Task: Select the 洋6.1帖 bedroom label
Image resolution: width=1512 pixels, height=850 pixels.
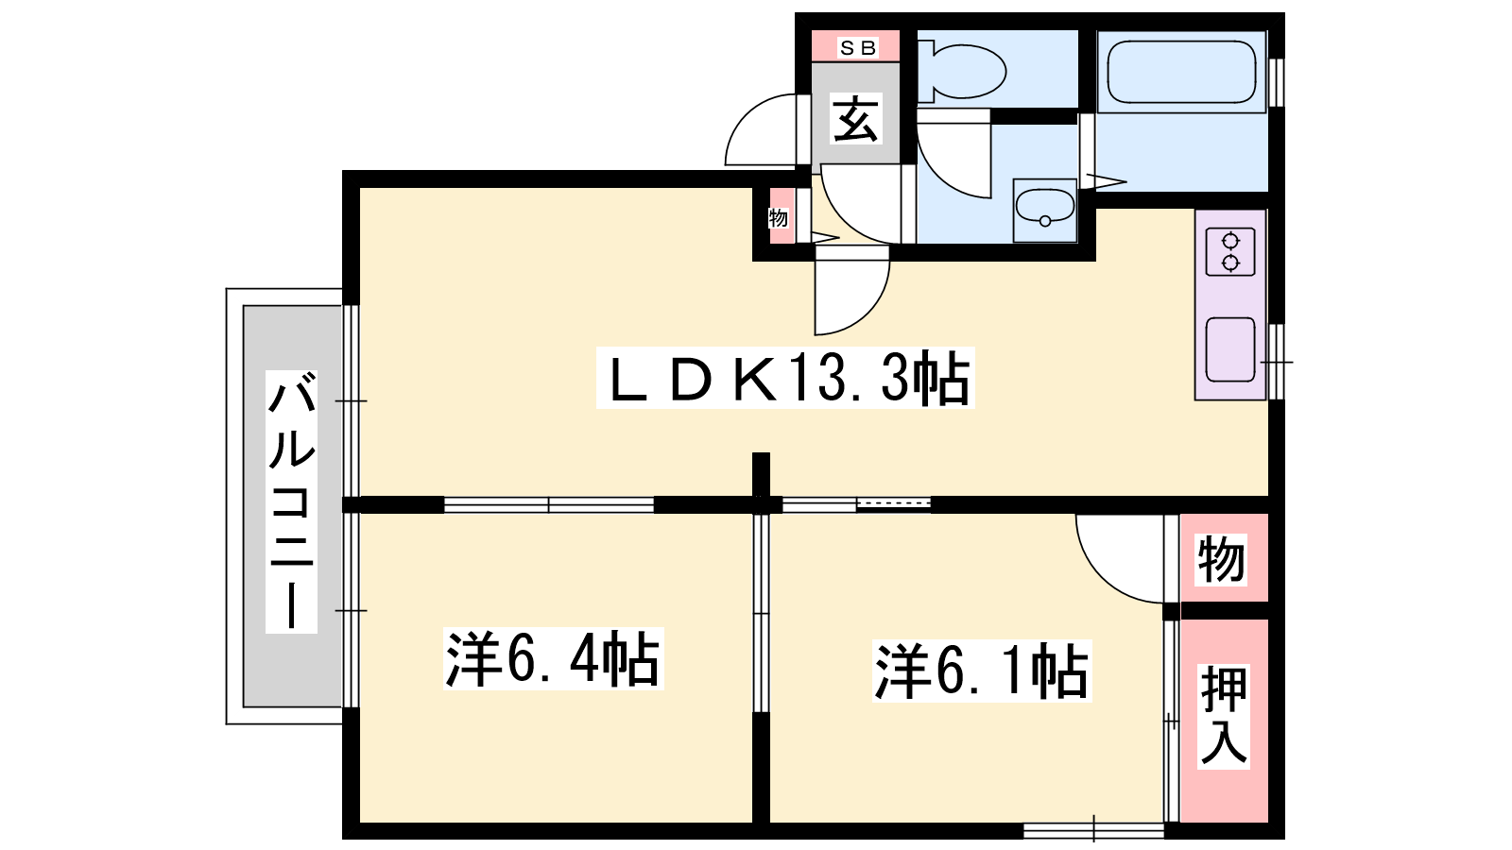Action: [982, 671]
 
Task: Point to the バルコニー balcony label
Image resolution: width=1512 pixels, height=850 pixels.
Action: [292, 501]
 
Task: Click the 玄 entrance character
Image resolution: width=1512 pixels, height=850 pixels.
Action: [856, 118]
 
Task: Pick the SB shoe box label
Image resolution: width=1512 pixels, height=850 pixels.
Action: [856, 47]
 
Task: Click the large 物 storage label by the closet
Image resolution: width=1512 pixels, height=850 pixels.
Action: [1221, 558]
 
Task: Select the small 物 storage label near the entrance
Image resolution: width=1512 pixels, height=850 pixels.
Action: [779, 218]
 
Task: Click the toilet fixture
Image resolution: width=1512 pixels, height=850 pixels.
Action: [962, 71]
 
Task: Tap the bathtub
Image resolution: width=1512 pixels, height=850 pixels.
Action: [1180, 72]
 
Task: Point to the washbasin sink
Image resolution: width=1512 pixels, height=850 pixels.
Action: [1045, 210]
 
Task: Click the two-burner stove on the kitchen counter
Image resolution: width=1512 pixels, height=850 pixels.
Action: [1230, 251]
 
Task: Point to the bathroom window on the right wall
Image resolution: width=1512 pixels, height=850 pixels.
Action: [1275, 82]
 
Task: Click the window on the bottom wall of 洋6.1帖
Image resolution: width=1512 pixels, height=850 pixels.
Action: [1094, 830]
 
